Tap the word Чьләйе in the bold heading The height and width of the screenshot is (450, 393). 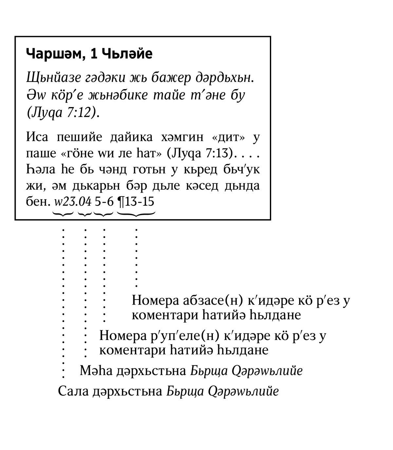pyautogui.click(x=127, y=54)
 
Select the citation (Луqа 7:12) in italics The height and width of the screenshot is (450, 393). pyautogui.click(x=63, y=112)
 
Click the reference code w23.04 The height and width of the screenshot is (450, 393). pyautogui.click(x=73, y=201)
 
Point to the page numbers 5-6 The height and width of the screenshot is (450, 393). pyautogui.click(x=104, y=201)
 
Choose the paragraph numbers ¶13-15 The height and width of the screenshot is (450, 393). pyautogui.click(x=136, y=201)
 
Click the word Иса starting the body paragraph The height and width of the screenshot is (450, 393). pyautogui.click(x=37, y=137)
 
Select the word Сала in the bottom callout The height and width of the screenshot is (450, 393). pyautogui.click(x=73, y=391)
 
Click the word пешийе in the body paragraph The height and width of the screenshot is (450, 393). pyautogui.click(x=80, y=137)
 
